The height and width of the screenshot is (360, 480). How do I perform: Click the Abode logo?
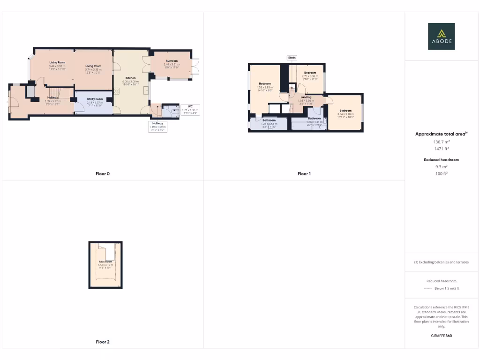(441, 37)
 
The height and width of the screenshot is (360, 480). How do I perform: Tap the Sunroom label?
(171, 61)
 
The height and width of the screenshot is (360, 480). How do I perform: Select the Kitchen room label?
(130, 78)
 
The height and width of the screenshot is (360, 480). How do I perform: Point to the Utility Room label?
(95, 99)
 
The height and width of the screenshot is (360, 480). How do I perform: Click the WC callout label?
(190, 106)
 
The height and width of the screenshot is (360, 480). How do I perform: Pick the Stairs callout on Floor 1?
(292, 58)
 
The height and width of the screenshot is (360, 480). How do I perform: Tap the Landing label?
(306, 97)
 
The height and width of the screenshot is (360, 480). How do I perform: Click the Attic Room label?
(105, 261)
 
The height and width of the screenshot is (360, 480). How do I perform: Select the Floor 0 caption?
(103, 173)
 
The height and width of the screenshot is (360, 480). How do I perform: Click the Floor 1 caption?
(304, 173)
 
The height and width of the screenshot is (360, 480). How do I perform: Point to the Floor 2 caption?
(103, 342)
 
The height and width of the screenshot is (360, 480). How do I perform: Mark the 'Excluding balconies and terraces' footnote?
(442, 262)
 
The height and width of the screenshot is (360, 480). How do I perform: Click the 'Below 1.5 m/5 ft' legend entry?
(446, 288)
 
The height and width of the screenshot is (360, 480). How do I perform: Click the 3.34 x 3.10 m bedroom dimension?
(345, 113)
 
